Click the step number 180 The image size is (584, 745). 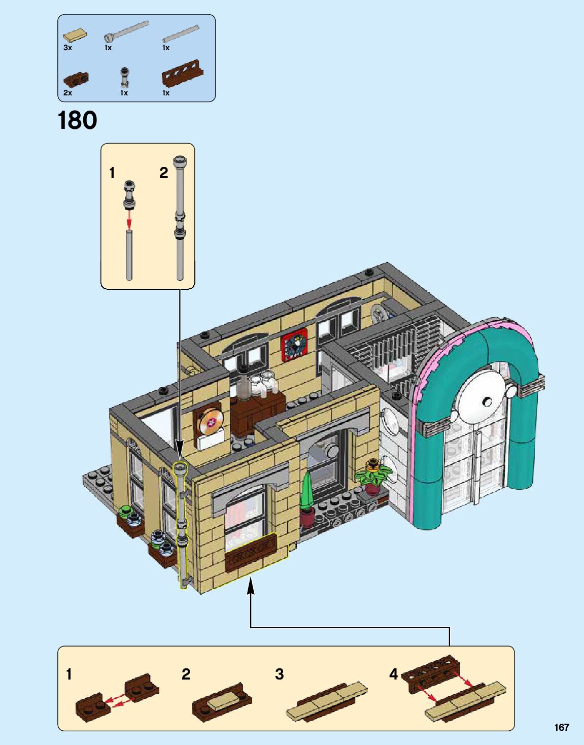pos(77,120)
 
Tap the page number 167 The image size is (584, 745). pos(561,727)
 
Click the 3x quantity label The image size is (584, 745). pos(67,48)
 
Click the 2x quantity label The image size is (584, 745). pos(67,93)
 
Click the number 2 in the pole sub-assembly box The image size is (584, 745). pos(163,174)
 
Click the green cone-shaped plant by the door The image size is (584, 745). pos(306,490)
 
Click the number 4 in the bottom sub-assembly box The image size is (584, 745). pos(393,674)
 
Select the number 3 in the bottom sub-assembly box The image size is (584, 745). pos(279,674)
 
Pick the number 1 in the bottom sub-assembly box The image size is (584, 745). pos(70,674)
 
